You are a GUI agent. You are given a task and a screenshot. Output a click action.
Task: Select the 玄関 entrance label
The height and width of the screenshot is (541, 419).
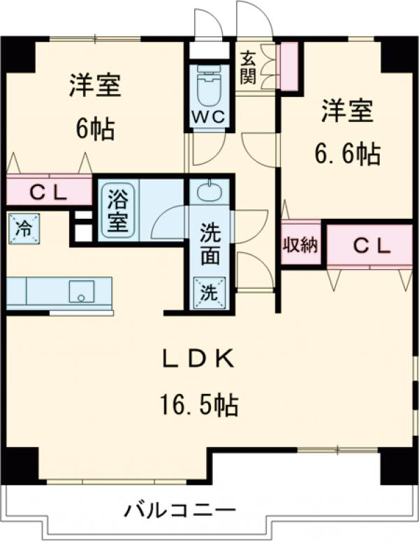tap(249, 67)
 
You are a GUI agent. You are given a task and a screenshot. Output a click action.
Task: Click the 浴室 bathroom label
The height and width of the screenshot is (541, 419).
tap(116, 211)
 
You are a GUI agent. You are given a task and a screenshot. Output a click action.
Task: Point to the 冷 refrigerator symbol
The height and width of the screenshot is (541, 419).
tap(23, 228)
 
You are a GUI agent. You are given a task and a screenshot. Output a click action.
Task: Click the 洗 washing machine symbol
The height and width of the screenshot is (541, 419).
tap(210, 292)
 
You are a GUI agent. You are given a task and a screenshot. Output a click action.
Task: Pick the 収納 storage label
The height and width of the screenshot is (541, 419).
tap(301, 245)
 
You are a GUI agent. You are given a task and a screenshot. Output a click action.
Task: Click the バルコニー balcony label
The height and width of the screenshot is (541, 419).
tap(179, 510)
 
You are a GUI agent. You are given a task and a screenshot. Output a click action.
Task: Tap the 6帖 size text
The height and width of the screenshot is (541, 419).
tap(95, 128)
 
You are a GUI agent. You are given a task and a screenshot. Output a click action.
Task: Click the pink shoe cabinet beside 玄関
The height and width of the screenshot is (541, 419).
tap(288, 66)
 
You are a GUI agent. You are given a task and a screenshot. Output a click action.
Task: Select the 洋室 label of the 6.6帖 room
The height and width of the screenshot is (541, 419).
tap(347, 112)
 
